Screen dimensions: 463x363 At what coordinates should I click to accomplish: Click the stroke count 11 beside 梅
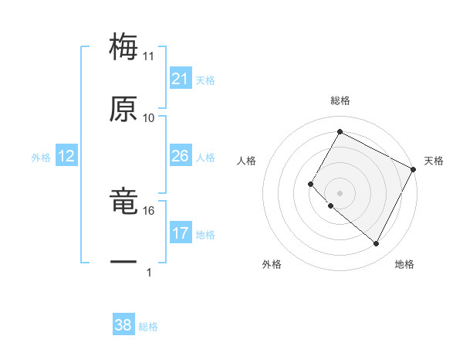(149, 56)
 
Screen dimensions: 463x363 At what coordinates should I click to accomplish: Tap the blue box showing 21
(181, 79)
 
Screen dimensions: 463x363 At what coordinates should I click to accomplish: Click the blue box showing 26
(181, 156)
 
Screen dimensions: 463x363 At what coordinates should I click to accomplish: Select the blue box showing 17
(181, 233)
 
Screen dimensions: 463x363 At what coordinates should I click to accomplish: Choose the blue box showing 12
(66, 156)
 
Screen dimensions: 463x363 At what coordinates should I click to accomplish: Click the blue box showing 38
(123, 325)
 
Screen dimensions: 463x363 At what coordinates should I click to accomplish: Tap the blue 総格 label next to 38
(148, 327)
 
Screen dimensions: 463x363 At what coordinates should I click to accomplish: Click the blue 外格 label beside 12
(41, 158)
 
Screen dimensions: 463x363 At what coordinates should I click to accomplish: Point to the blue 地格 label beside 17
(205, 235)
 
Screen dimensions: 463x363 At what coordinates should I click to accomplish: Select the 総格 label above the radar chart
(340, 100)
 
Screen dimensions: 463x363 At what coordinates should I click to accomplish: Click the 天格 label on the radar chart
(434, 161)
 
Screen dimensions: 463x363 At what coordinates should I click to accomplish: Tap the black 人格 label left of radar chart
(247, 161)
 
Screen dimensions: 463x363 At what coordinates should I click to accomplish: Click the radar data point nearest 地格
(377, 244)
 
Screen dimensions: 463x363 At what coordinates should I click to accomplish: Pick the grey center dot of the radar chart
(340, 192)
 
